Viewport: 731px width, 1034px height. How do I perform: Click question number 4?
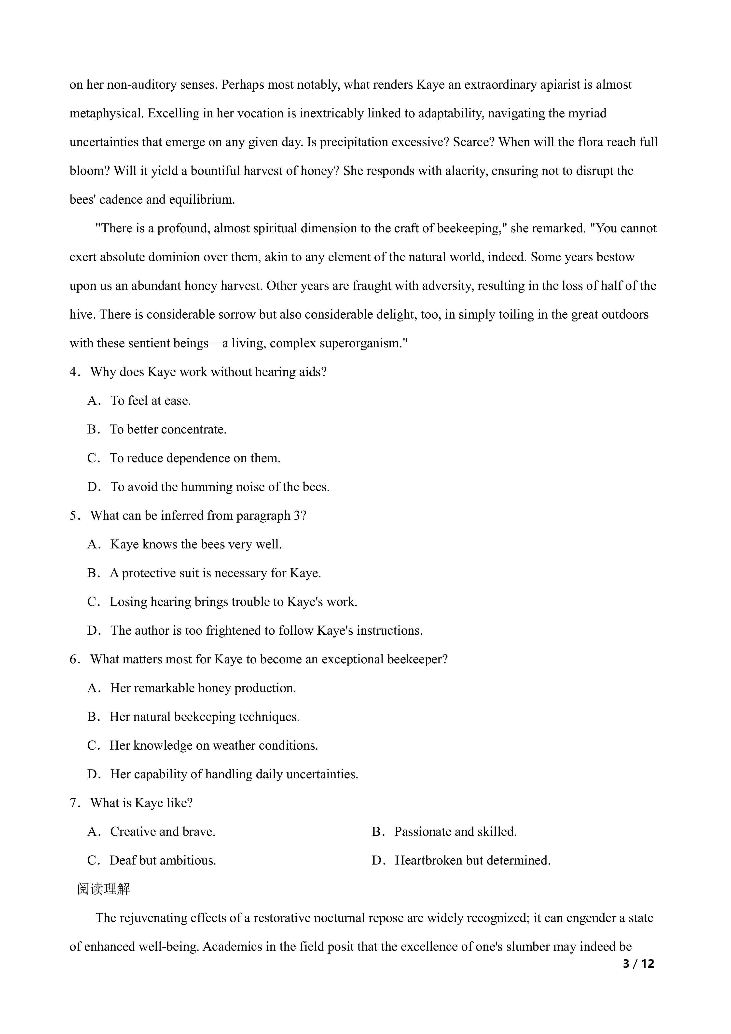pyautogui.click(x=74, y=372)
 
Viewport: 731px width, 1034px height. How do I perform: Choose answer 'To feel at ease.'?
pyautogui.click(x=150, y=401)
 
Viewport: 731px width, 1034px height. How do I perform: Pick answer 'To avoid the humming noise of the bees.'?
pyautogui.click(x=220, y=487)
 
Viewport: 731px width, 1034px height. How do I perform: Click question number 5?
pyautogui.click(x=74, y=516)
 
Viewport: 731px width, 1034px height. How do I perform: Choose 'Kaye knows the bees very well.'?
pyautogui.click(x=196, y=545)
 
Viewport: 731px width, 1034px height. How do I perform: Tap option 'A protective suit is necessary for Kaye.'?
pyautogui.click(x=215, y=573)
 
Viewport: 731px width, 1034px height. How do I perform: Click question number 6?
pyautogui.click(x=74, y=659)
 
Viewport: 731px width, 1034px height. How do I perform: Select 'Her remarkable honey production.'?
pyautogui.click(x=203, y=688)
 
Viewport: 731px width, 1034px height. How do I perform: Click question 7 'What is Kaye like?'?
pyautogui.click(x=141, y=803)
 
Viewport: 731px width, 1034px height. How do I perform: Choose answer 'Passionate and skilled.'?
pyautogui.click(x=455, y=832)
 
